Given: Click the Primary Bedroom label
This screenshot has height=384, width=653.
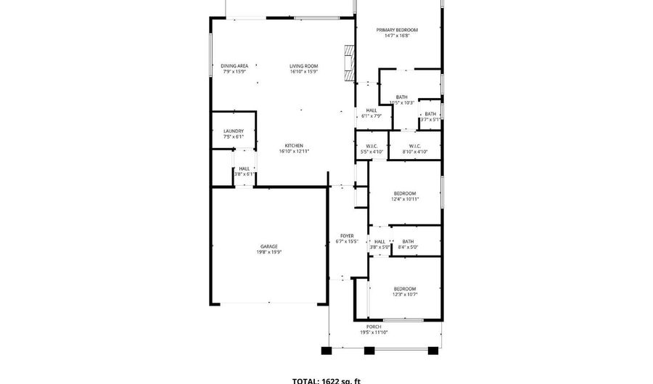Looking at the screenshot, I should point(397,30).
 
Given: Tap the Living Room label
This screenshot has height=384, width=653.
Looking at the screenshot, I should point(304,66).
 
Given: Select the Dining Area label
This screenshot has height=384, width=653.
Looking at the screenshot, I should point(234,66).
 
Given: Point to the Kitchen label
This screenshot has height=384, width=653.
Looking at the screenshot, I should point(294,145).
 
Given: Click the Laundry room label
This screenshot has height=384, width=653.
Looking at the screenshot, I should point(234,131).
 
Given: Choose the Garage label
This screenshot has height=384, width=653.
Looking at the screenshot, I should point(269,246).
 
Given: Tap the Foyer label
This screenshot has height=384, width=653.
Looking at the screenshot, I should point(347,236).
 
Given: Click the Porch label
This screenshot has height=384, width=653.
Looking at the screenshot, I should point(374,327).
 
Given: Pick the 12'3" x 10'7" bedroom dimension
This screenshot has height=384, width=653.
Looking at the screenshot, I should point(405,294).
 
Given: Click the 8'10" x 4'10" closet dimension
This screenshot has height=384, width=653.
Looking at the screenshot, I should point(415,152).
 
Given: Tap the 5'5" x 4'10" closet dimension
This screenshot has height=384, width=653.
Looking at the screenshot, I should point(372,152).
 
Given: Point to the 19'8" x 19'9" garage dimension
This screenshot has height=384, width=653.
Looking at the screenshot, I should point(269,253).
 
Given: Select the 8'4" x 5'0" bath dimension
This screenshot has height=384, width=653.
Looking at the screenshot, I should point(408,248).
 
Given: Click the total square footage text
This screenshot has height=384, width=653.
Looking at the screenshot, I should point(326,380).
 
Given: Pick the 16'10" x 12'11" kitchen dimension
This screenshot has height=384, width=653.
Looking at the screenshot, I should point(294,151).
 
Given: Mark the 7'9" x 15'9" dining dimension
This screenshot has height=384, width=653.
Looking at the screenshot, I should point(234,72).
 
